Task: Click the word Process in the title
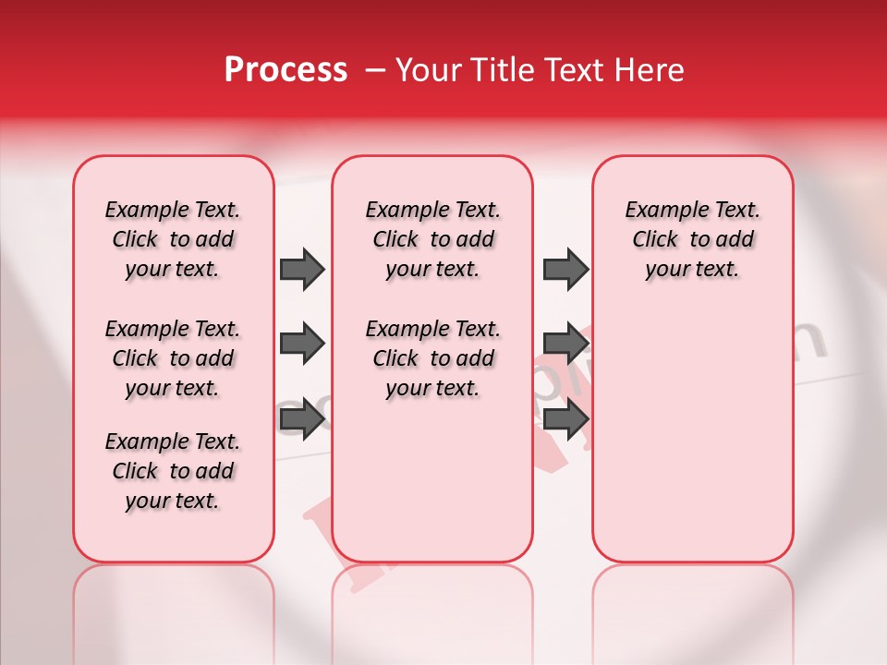286,70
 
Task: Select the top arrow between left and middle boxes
301,269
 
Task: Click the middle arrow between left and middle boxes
301,345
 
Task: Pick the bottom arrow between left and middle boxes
301,420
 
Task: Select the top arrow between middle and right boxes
565,269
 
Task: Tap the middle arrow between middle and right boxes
565,345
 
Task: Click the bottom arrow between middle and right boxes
565,420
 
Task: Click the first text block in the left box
173,239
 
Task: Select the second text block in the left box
173,358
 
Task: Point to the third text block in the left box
173,471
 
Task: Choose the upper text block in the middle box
432,239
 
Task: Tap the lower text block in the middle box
432,358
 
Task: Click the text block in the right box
693,239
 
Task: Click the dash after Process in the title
375,70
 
